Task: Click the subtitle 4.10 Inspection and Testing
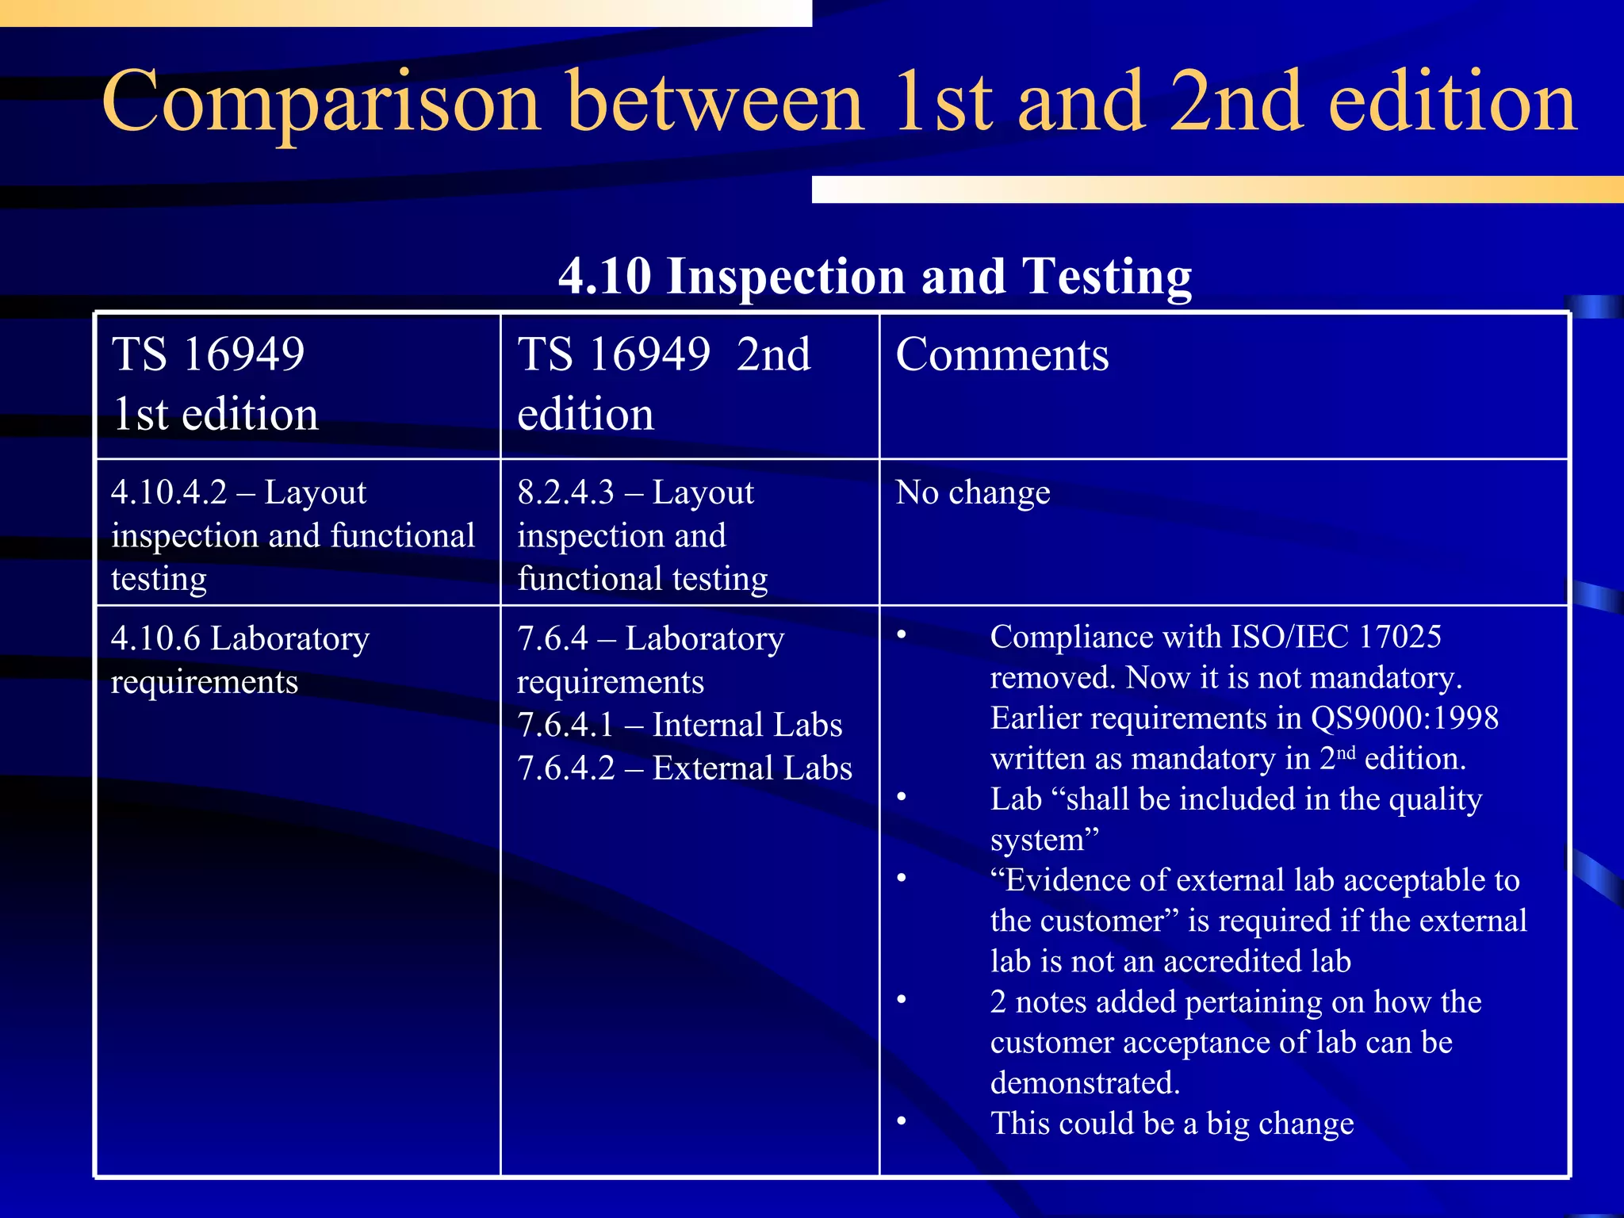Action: tap(875, 276)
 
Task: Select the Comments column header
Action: tap(1002, 354)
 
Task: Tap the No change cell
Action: tap(972, 492)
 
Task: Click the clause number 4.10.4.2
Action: tap(169, 492)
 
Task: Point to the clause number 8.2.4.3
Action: tap(565, 492)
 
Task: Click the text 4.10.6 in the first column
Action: tap(155, 638)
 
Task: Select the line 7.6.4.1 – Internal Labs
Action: tap(680, 725)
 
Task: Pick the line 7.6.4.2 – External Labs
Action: tap(684, 768)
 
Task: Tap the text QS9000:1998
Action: tap(1404, 718)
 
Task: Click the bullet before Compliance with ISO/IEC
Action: tap(902, 635)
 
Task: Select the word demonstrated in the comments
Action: tap(1085, 1083)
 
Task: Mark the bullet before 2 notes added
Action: tap(902, 1001)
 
